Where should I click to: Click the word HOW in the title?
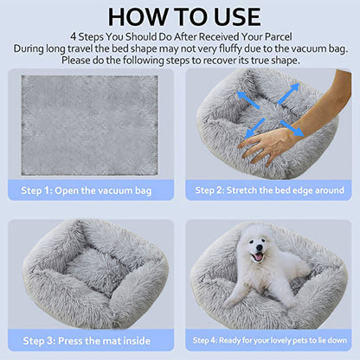coord(132,16)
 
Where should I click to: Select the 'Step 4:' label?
coord(206,341)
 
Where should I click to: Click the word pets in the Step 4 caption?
coord(292,341)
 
